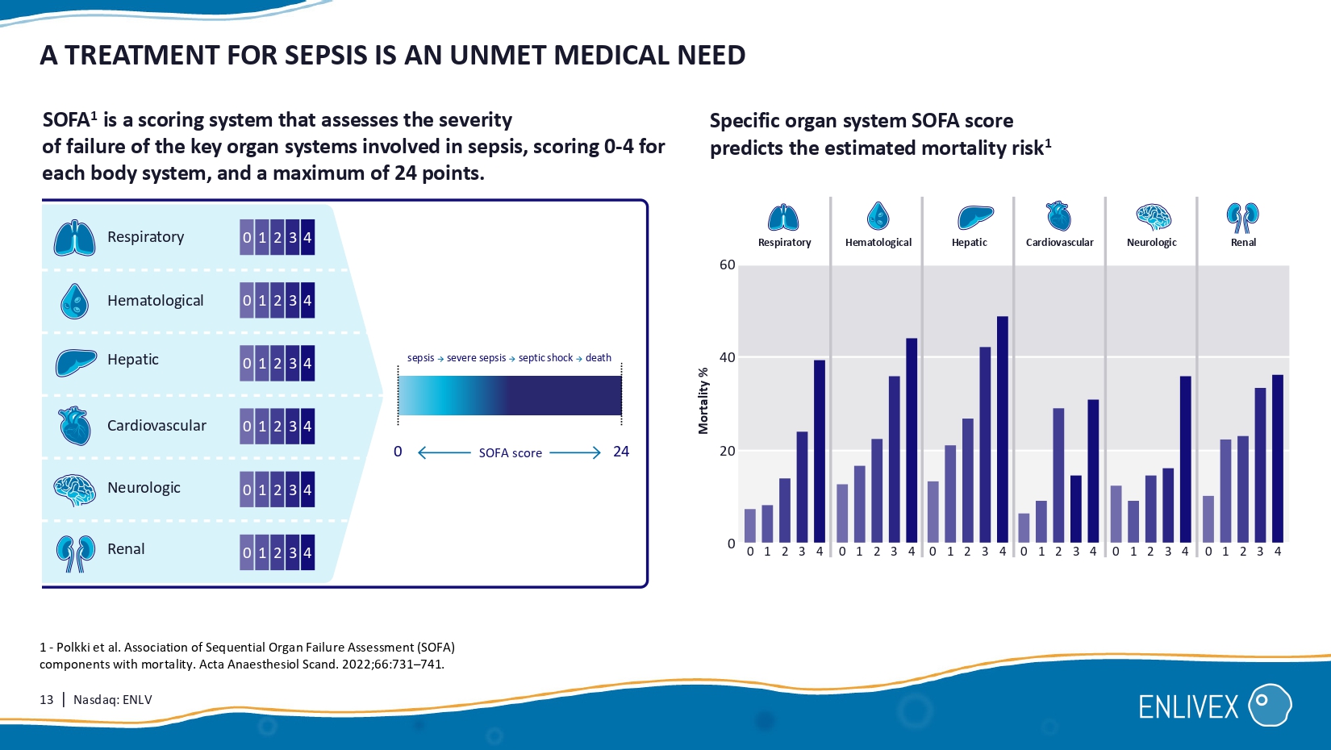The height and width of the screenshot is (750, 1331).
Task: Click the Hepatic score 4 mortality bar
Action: [x=1003, y=429]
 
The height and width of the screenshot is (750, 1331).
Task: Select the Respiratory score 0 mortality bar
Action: [x=750, y=525]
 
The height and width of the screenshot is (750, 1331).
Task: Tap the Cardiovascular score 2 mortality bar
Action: [x=1058, y=475]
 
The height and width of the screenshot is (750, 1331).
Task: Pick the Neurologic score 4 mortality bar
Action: [x=1185, y=459]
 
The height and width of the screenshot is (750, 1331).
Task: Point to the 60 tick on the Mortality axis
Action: [x=728, y=265]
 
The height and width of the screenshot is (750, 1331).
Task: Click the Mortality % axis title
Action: [x=703, y=401]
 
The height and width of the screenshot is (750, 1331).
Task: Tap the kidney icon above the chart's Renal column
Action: [x=1242, y=217]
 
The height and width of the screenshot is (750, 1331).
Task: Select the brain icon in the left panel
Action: [x=74, y=490]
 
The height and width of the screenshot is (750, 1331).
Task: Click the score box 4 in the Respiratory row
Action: [x=307, y=238]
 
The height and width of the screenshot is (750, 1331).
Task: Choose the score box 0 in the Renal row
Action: [x=247, y=553]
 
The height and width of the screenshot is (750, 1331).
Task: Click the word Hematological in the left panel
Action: [x=156, y=301]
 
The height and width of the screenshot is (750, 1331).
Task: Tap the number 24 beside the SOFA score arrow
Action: [x=621, y=452]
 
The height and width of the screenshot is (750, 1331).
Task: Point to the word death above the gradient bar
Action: [x=599, y=358]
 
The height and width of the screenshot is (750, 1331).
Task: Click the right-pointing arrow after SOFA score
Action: [x=575, y=452]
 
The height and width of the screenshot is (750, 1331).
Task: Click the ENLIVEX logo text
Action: [x=1188, y=707]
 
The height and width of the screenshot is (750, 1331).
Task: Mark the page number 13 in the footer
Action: [x=47, y=700]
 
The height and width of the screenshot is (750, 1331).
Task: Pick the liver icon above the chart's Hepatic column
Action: [x=974, y=217]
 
